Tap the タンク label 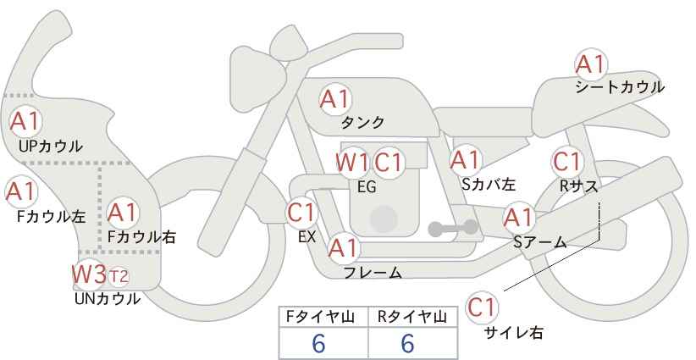(362, 122)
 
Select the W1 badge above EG (351, 162)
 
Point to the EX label (307, 237)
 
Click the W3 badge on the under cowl (89, 274)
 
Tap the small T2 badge (119, 276)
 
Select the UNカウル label (108, 298)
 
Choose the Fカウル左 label (52, 216)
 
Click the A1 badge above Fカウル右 (123, 211)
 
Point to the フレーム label (373, 273)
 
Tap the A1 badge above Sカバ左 (465, 158)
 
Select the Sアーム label (539, 242)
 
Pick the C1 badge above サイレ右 (483, 307)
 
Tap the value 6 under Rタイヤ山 (406, 344)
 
